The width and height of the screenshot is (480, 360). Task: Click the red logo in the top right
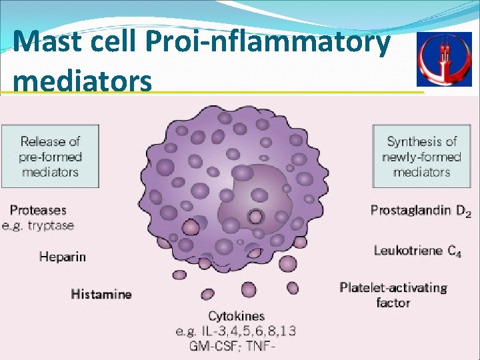443,59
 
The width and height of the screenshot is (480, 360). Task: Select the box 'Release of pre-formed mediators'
50,157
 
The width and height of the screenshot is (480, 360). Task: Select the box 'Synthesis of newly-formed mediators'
421,157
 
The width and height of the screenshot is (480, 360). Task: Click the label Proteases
38,210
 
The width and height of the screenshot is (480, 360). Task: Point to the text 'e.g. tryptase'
38,225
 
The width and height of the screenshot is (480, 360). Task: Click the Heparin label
63,256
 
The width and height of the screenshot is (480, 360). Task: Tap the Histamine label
101,294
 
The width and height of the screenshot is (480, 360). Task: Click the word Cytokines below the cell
236,316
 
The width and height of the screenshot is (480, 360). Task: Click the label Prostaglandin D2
420,211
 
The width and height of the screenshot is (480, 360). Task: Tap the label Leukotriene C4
417,251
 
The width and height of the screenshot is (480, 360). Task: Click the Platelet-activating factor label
393,295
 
